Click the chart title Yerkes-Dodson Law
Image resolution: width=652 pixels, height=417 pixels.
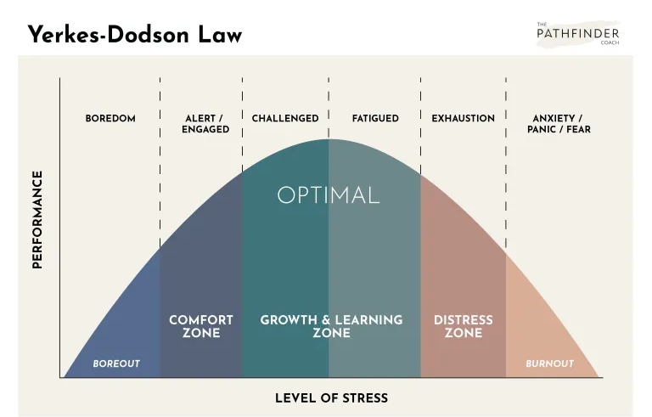[134, 34]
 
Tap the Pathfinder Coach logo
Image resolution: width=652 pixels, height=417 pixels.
[578, 33]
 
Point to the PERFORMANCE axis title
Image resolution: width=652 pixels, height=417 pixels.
[37, 219]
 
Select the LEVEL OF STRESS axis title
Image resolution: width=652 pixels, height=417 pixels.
[331, 397]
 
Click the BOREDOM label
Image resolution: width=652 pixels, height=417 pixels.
[110, 118]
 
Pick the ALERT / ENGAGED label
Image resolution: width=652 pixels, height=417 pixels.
[205, 123]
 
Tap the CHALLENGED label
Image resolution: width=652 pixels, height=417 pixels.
[285, 118]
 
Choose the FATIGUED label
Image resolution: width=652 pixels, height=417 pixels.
[375, 118]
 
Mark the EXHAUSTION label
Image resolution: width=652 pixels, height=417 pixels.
[463, 118]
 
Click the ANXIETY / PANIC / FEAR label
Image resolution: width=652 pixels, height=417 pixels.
[558, 123]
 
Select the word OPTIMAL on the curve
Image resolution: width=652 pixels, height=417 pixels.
[328, 194]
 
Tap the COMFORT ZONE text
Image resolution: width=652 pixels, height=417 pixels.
[200, 326]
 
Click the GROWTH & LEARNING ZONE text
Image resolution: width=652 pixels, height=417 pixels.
[331, 326]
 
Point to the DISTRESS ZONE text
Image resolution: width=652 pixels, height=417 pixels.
[463, 326]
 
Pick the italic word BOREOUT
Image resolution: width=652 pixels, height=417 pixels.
[116, 363]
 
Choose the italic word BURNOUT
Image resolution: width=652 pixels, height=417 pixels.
[549, 363]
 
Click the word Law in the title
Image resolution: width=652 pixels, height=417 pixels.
[219, 34]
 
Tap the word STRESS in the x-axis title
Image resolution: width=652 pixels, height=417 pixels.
[363, 397]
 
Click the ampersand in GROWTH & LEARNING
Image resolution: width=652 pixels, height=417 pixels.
[326, 320]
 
